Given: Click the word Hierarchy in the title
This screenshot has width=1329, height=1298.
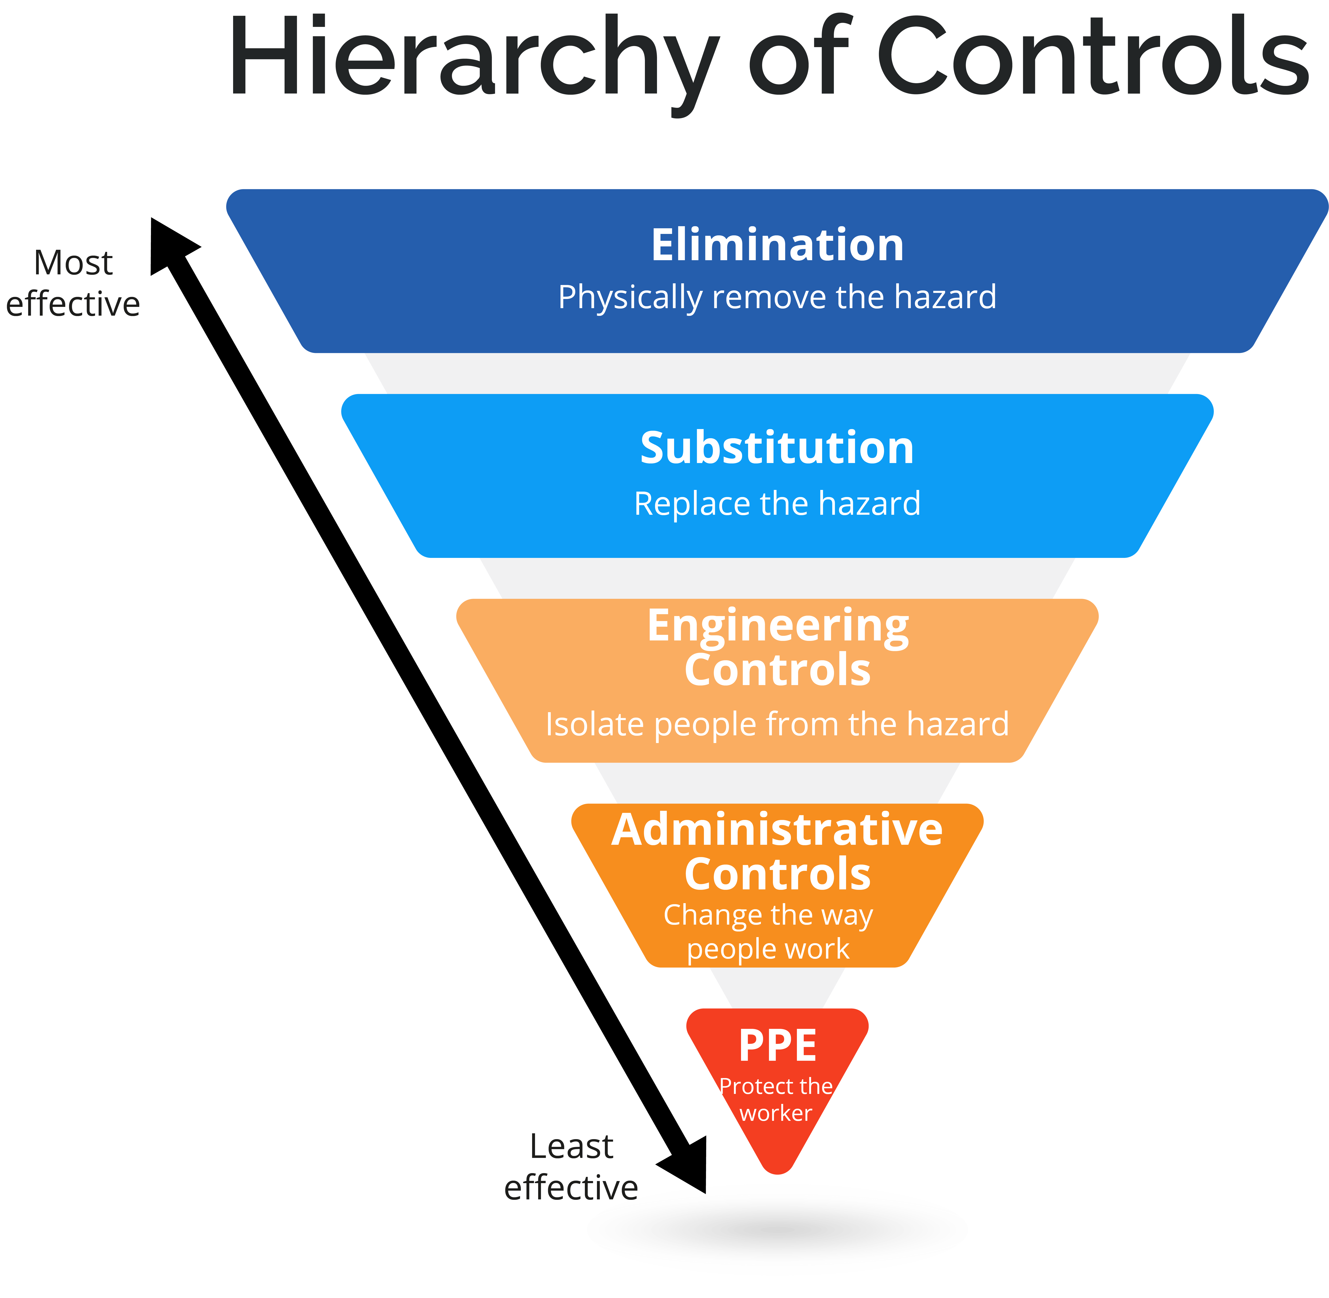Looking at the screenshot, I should coord(474,58).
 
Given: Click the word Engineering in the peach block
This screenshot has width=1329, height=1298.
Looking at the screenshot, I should coord(777,626).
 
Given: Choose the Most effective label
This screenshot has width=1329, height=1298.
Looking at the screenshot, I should coord(73,283).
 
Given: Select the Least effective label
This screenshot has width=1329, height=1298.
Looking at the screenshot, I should coord(572,1167).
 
